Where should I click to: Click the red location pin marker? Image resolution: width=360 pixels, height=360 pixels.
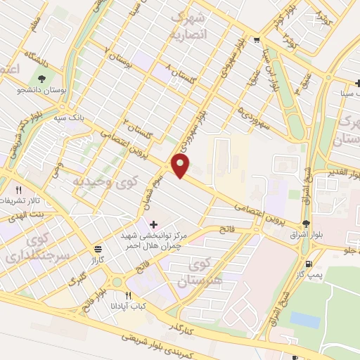[181, 166]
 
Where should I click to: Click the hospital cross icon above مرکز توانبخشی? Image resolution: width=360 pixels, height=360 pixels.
[154, 224]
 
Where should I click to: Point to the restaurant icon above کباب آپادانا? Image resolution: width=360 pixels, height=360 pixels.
[127, 296]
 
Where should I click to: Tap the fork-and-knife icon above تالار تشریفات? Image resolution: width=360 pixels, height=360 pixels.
[19, 190]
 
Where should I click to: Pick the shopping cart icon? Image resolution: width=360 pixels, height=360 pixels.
[257, 39]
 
